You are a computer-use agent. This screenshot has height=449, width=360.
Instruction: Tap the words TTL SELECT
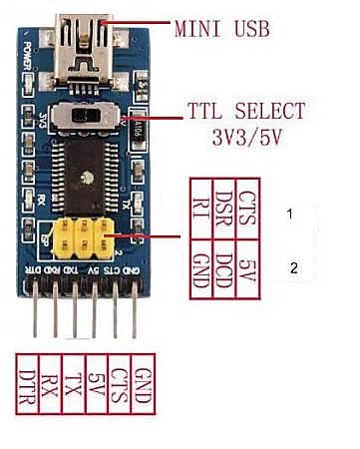[245, 110]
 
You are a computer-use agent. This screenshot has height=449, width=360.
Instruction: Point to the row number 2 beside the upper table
[292, 267]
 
